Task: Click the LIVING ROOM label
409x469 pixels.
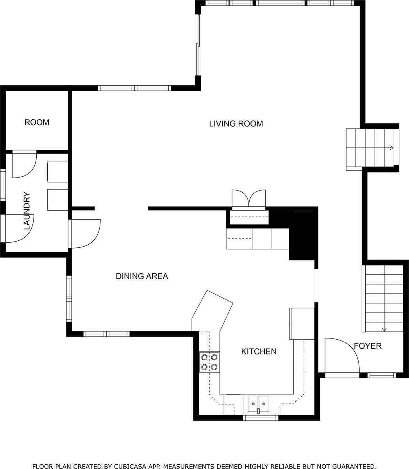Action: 236,124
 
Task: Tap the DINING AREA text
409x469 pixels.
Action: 142,276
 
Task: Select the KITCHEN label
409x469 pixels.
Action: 259,351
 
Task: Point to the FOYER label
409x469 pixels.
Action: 368,346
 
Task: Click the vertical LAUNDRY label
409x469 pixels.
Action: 27,210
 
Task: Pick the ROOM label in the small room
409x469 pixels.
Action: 37,122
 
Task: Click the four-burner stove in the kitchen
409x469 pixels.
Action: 209,362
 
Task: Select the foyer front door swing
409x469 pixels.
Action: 341,356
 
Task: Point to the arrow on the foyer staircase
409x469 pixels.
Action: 384,329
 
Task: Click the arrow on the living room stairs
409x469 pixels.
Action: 391,147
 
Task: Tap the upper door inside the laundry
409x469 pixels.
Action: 24,165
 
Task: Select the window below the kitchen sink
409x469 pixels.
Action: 261,418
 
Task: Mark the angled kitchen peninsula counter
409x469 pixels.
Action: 213,309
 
